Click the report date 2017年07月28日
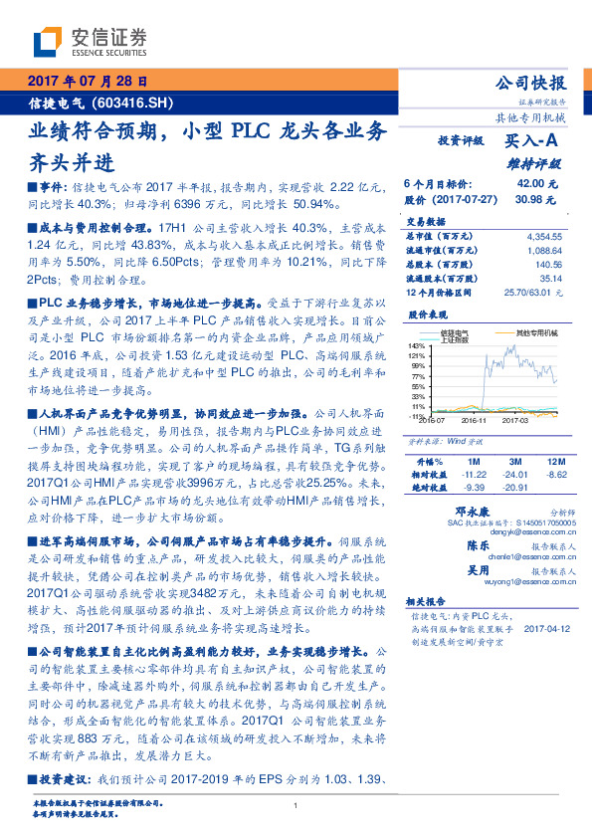point(87,82)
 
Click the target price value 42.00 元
point(537,184)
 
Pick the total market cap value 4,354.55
point(544,236)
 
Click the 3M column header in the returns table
point(516,461)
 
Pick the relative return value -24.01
point(516,475)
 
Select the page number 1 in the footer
point(296,805)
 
